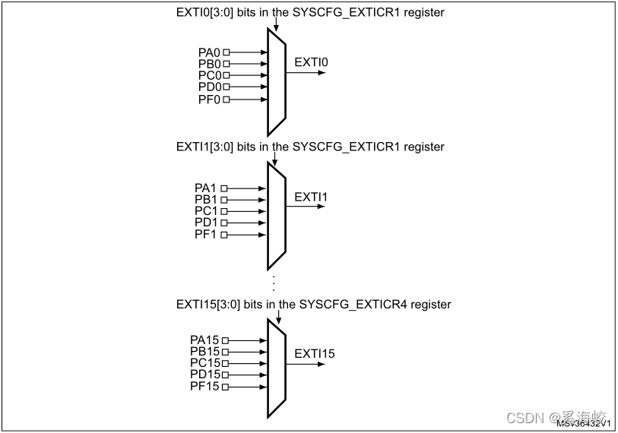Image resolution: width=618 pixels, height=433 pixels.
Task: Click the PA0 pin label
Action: coord(208,52)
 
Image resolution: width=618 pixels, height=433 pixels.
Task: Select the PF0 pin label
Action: coord(208,100)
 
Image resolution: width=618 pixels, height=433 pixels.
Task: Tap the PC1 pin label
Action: coord(205,211)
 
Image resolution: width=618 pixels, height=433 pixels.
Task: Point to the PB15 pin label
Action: coord(204,352)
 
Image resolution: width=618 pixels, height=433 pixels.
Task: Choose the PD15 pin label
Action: coord(204,375)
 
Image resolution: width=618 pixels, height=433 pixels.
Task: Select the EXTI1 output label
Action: coord(310,198)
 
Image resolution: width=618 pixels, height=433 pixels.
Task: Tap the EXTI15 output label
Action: coord(314,353)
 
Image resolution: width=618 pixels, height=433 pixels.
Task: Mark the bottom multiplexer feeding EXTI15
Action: coord(276,368)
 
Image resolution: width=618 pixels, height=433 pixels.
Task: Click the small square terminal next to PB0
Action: coord(226,65)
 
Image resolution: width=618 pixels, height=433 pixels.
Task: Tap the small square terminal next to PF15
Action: coord(224,387)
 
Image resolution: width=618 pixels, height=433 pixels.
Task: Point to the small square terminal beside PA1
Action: coord(224,188)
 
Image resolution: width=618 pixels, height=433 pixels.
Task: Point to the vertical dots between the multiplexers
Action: coord(273,283)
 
